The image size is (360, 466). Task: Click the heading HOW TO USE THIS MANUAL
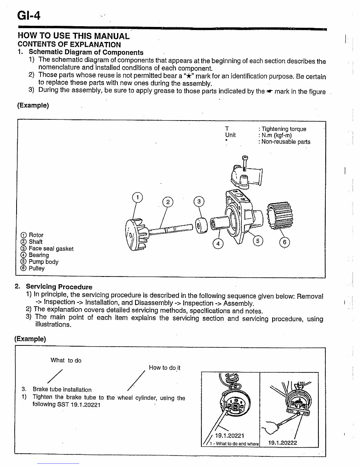pyautogui.click(x=74, y=36)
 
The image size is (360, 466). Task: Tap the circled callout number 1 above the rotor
pyautogui.click(x=137, y=198)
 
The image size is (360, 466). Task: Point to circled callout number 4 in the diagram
pyautogui.click(x=218, y=243)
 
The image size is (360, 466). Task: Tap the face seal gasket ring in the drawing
pyautogui.click(x=201, y=225)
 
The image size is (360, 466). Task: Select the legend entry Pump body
pyautogui.click(x=44, y=262)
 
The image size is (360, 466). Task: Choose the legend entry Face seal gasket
pyautogui.click(x=51, y=248)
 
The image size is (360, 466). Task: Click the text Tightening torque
pyautogui.click(x=284, y=129)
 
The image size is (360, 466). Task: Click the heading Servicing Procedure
pyautogui.click(x=59, y=287)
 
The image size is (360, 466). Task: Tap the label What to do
pyautogui.click(x=66, y=360)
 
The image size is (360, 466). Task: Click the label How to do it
pyautogui.click(x=164, y=367)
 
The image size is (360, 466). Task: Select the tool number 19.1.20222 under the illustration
pyautogui.click(x=282, y=443)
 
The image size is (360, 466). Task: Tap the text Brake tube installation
pyautogui.click(x=62, y=389)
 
